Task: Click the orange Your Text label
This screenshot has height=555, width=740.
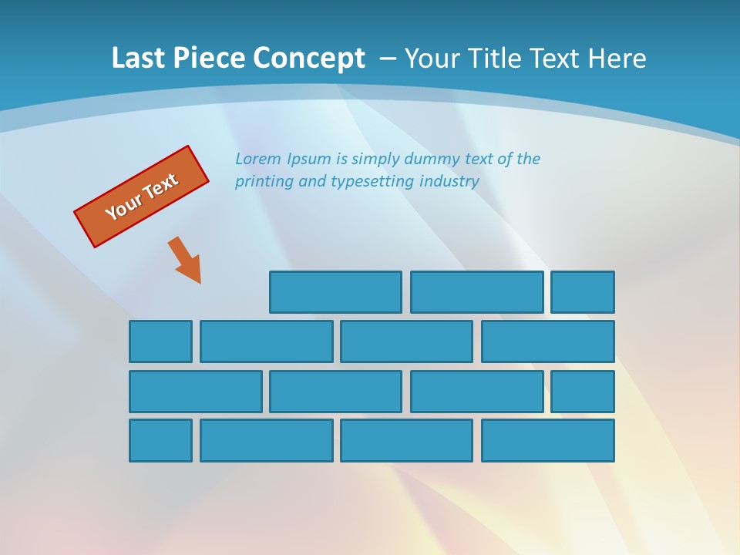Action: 141,197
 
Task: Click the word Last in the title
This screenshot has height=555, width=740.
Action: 139,59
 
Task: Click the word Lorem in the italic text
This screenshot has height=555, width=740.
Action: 258,159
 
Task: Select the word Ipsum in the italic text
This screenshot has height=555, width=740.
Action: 309,160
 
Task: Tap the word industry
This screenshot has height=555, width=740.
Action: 449,182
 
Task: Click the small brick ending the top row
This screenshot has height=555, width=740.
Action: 583,292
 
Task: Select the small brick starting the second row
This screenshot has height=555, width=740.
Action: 160,341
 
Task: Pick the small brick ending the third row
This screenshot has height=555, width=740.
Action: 583,392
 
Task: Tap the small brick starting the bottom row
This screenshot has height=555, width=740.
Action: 160,441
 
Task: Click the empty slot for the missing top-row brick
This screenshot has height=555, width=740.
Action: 197,292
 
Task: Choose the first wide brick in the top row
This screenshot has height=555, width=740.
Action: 335,292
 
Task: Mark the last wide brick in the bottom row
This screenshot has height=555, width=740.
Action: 548,441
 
